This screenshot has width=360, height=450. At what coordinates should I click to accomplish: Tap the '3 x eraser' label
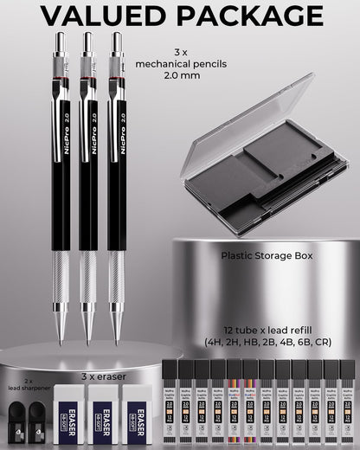pyautogui.click(x=100, y=376)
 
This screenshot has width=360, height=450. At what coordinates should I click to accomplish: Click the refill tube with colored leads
pyautogui.click(x=235, y=402)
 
